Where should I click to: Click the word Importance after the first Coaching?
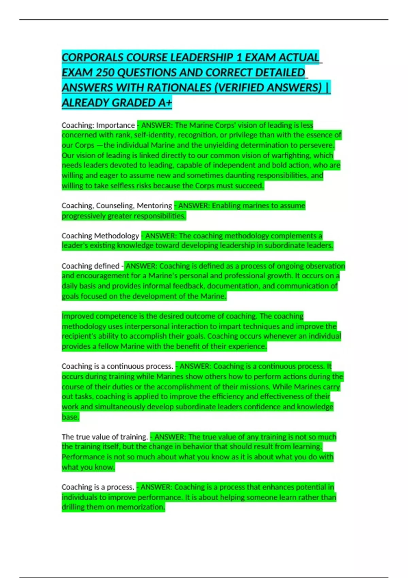click(116, 125)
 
